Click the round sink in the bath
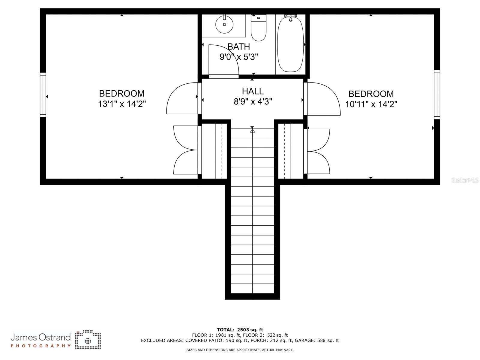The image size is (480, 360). click(224, 25)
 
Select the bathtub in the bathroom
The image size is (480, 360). click(290, 44)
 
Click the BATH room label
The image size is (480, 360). click(238, 47)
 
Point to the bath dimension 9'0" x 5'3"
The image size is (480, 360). click(239, 57)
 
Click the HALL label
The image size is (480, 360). click(253, 91)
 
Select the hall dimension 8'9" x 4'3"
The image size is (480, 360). click(253, 102)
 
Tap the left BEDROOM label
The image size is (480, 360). click(122, 94)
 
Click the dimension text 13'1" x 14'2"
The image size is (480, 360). click(122, 104)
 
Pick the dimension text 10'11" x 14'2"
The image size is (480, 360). click(371, 104)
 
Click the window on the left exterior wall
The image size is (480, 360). click(43, 94)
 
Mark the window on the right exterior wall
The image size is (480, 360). click(437, 94)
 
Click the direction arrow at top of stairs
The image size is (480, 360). click(252, 130)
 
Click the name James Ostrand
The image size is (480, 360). click(40, 337)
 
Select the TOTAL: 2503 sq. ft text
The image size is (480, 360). click(240, 330)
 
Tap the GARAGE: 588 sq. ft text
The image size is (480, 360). click(317, 340)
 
